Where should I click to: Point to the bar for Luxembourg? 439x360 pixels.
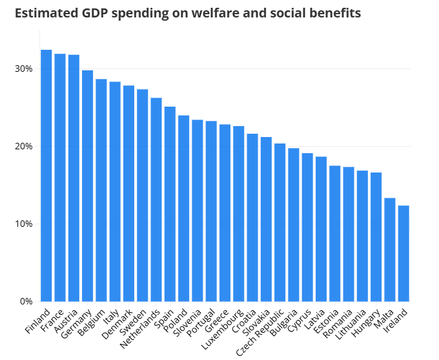point(238,213)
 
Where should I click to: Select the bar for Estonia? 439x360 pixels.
point(335,233)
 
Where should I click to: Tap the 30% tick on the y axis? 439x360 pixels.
point(24,69)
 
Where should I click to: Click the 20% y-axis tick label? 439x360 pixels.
point(24,146)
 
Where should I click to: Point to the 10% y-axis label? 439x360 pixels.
point(24,224)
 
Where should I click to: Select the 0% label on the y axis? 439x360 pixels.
point(26,301)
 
